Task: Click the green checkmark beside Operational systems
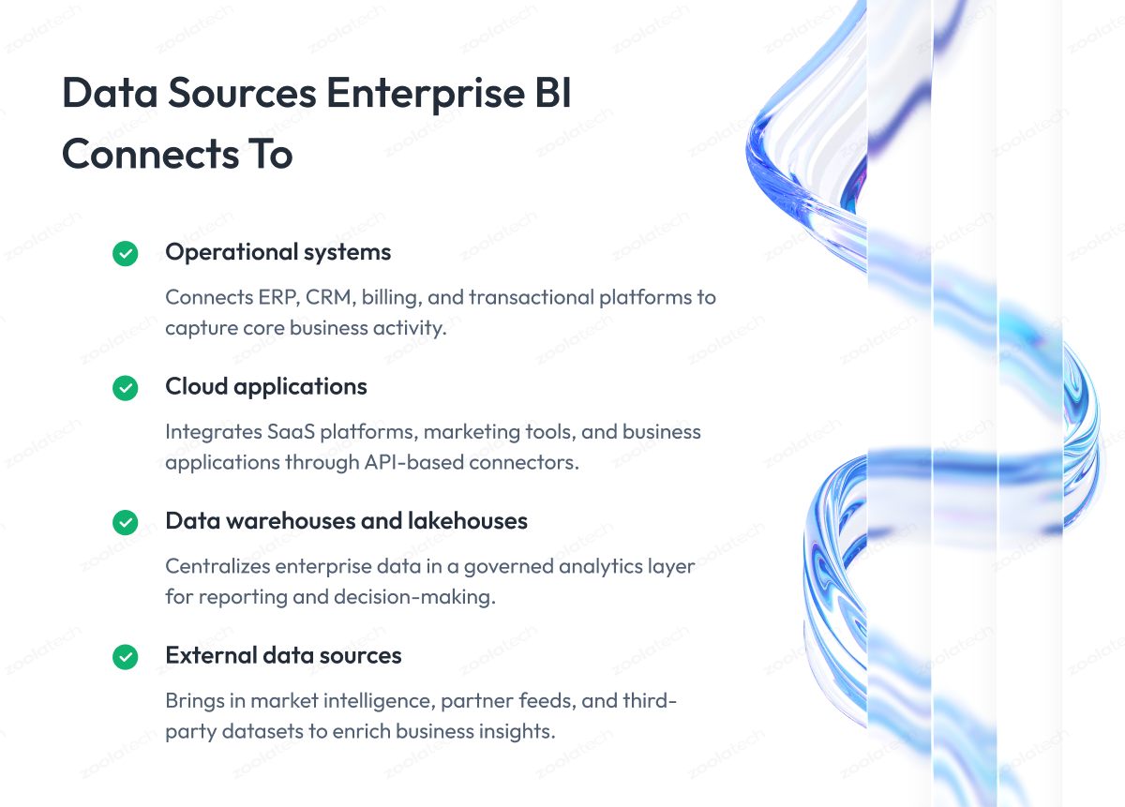click(125, 254)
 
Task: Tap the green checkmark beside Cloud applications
click(125, 388)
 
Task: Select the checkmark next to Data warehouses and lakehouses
click(125, 523)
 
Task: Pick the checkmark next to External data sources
click(125, 657)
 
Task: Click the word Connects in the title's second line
click(151, 154)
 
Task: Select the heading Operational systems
click(277, 253)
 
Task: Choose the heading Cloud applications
click(266, 387)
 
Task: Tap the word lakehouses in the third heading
click(468, 521)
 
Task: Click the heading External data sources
click(283, 655)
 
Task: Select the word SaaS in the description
click(291, 432)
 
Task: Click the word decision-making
click(414, 598)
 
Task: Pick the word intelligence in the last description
click(379, 701)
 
